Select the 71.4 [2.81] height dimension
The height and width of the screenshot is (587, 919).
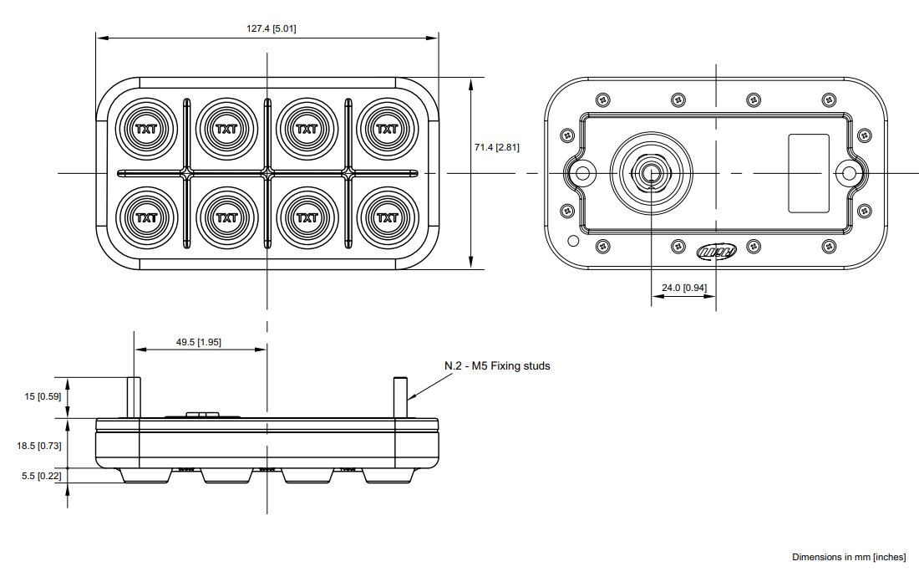[x=497, y=147]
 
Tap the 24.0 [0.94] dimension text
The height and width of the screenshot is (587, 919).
[x=683, y=288]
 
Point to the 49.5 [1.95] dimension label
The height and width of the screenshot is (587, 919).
[x=198, y=342]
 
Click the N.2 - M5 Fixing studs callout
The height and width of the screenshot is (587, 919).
[x=497, y=365]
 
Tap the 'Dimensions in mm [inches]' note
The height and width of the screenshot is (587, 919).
[x=848, y=557]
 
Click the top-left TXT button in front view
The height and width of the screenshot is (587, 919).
[x=146, y=129]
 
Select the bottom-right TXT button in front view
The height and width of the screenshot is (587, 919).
[x=387, y=217]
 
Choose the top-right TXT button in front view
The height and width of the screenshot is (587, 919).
[x=387, y=129]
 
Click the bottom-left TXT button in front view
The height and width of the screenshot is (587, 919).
[x=146, y=217]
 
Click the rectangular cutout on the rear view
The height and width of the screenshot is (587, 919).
[x=809, y=172]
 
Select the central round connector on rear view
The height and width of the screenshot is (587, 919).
[x=652, y=172]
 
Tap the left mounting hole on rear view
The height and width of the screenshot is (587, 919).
[x=581, y=173]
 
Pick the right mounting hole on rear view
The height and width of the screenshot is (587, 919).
[x=850, y=173]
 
